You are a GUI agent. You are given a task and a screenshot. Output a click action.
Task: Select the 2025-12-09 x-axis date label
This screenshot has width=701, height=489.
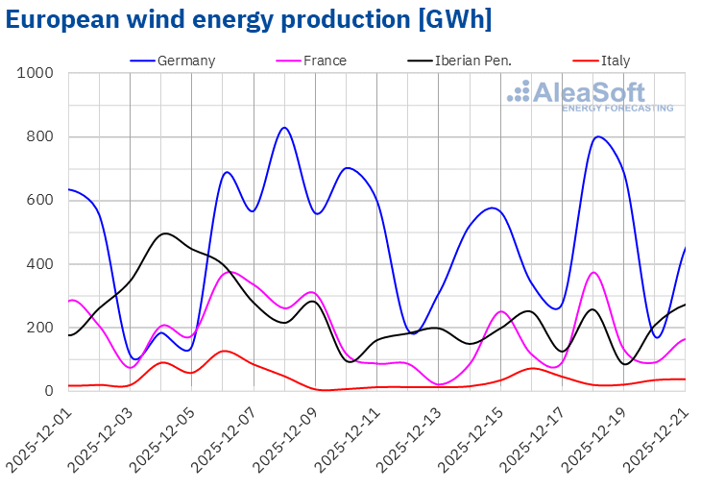coord(284,437)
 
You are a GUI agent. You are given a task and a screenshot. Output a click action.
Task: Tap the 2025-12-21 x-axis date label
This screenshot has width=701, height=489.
coord(655,437)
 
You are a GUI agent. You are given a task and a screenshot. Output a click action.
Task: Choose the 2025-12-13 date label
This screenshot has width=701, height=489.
coord(408,437)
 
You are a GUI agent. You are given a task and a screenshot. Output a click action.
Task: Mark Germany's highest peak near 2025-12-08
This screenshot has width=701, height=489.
coord(284,128)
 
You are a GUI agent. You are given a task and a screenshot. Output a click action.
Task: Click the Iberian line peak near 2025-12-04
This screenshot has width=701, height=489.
coord(165,233)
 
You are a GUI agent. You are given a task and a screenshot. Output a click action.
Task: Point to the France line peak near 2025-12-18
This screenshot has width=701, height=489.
coord(593,273)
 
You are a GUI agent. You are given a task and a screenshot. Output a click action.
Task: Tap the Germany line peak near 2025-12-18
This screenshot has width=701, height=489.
coord(598,136)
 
